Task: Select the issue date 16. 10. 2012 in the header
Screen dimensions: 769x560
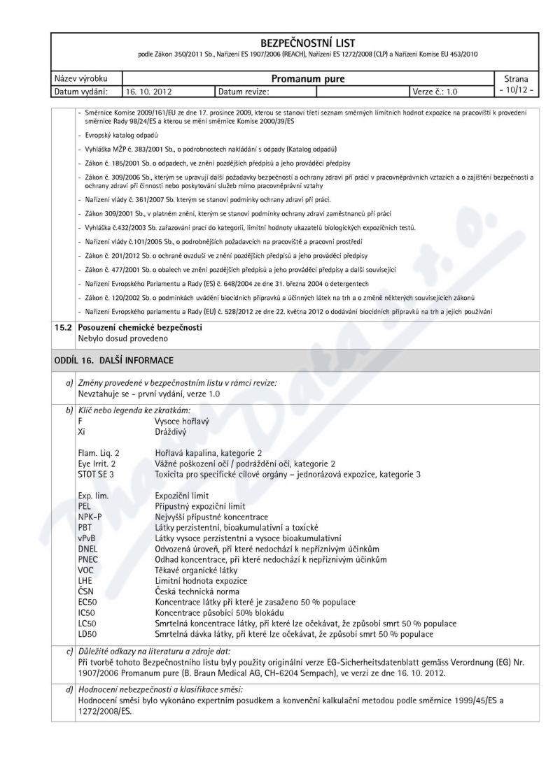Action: click(x=148, y=92)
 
